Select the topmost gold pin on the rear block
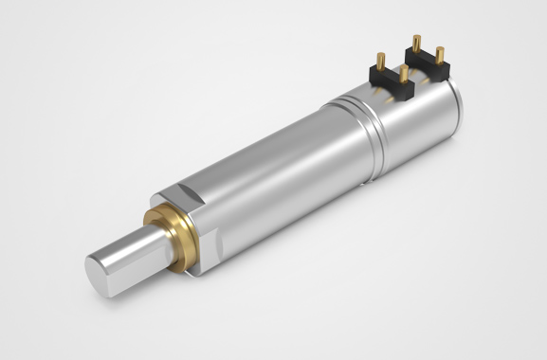pyautogui.click(x=415, y=43)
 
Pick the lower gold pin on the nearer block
pyautogui.click(x=404, y=75)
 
